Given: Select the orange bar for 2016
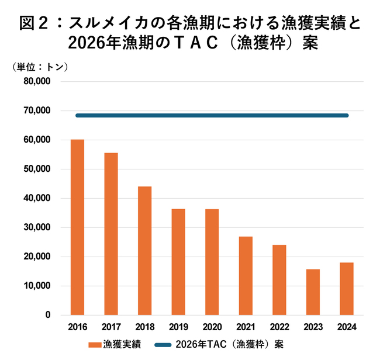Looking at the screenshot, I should click(77, 227).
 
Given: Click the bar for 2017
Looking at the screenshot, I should click(111, 234).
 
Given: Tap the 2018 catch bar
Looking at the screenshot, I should click(145, 251).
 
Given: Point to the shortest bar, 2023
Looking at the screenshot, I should click(313, 292).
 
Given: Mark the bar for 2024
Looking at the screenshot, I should click(347, 289).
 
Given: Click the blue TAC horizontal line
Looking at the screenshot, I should click(212, 116).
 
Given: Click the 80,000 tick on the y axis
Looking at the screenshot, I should click(37, 81).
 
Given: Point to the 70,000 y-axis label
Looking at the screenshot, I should click(37, 110).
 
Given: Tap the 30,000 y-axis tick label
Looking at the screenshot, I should click(37, 227).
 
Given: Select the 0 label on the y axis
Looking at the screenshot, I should click(48, 315).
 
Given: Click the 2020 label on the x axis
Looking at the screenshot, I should click(212, 327).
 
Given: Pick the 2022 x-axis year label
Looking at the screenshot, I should click(279, 327).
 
